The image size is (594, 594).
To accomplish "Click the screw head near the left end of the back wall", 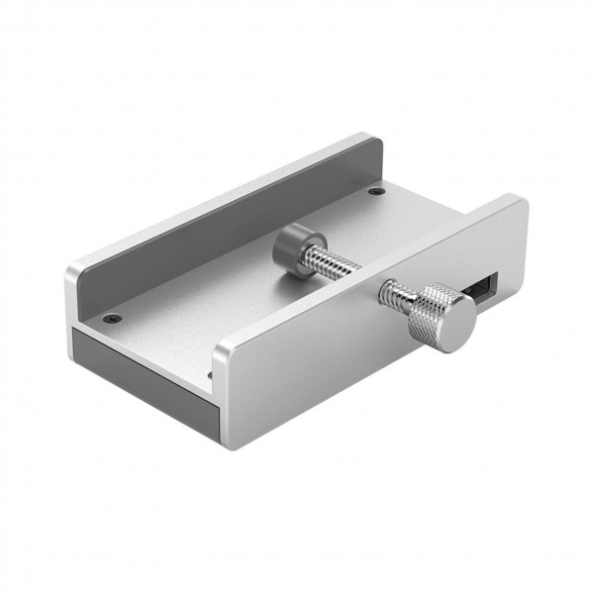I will (113, 319).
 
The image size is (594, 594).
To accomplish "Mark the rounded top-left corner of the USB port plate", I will (222, 346).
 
